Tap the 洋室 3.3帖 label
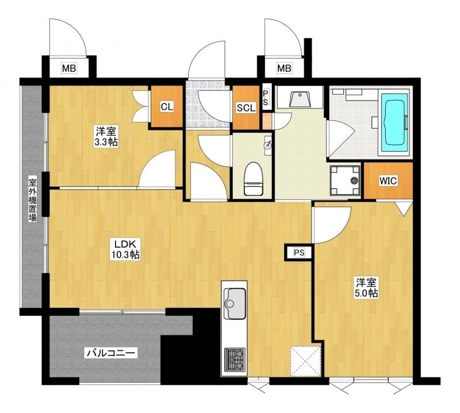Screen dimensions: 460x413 (106, 136)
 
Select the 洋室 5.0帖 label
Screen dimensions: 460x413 (367, 288)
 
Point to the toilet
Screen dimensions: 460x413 (253, 179)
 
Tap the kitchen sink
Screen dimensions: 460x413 (235, 303)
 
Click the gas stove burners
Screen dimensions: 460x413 (235, 360)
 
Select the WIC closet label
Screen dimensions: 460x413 (388, 181)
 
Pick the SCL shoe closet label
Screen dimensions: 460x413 (246, 108)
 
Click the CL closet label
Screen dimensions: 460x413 (167, 107)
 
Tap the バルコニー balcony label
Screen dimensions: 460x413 (111, 353)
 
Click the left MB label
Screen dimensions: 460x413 (69, 68)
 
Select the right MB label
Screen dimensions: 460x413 (284, 68)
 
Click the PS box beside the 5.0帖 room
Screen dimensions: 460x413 (299, 252)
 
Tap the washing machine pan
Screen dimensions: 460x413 (344, 180)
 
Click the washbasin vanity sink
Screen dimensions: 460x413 (299, 99)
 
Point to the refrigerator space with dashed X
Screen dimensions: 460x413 (305, 361)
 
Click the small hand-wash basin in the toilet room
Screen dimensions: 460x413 (268, 144)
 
